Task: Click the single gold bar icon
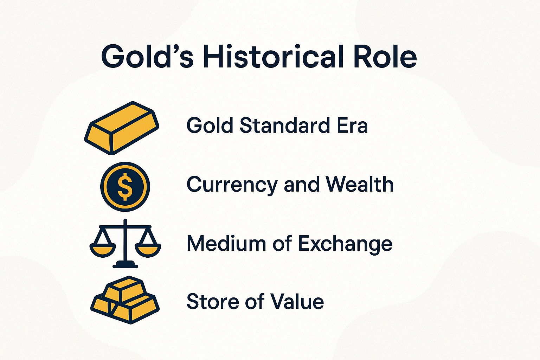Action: pos(122,127)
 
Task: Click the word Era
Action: pos(352,125)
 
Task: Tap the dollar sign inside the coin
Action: pos(125,187)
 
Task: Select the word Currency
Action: pos(232,185)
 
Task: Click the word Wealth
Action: pos(359,184)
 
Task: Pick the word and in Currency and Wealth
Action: pos(301,185)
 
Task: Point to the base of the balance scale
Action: pos(125,265)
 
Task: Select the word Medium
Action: pos(226,243)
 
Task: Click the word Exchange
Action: pos(345,243)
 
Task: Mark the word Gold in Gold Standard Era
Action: pos(210,125)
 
